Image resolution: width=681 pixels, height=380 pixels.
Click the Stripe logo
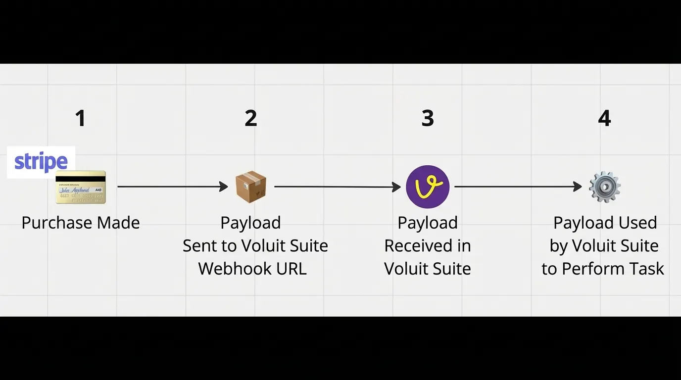click(41, 162)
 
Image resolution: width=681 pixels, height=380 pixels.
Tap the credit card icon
click(81, 188)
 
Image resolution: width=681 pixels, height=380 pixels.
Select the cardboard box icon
click(251, 187)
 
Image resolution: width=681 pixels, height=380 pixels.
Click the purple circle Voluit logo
click(428, 187)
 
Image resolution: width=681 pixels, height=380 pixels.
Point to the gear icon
click(605, 187)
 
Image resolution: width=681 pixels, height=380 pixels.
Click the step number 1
click(80, 118)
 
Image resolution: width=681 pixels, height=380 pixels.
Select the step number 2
click(251, 118)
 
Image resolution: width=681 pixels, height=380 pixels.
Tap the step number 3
click(428, 118)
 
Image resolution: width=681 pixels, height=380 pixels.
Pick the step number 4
click(604, 118)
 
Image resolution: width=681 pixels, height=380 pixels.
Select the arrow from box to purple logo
click(337, 187)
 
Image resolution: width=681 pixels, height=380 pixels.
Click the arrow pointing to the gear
click(518, 187)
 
